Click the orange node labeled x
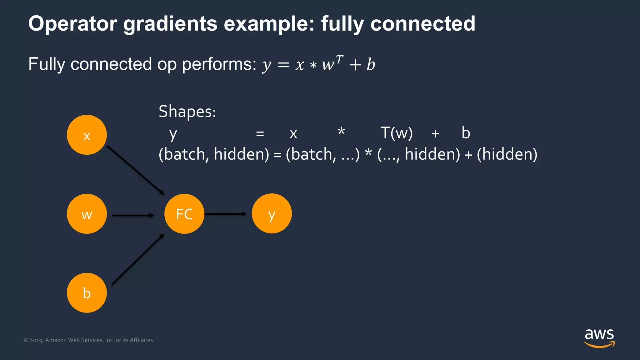click(87, 135)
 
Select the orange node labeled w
click(87, 214)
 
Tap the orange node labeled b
click(87, 293)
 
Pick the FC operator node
click(184, 214)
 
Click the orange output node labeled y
click(272, 213)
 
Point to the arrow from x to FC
click(135, 170)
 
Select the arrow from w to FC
click(133, 215)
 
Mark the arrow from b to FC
click(137, 259)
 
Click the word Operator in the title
click(72, 24)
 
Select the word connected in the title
click(423, 24)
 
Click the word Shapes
click(187, 112)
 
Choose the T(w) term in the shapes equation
click(396, 133)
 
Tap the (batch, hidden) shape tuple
click(214, 154)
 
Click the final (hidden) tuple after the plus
click(507, 154)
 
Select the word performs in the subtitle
click(219, 64)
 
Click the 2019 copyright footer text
click(89, 340)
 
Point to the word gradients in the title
click(170, 24)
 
